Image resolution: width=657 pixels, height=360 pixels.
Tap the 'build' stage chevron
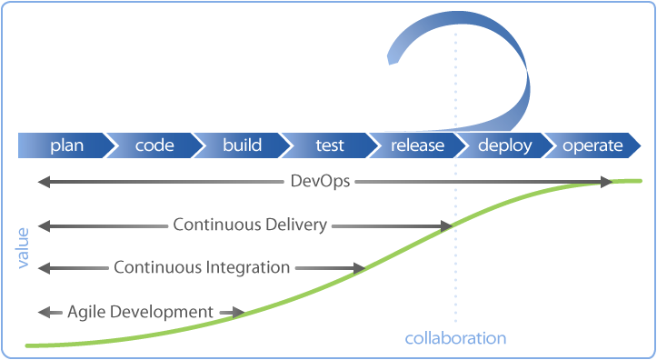(242, 145)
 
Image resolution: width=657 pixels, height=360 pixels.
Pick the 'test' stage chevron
(329, 145)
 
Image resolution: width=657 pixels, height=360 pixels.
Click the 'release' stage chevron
(417, 145)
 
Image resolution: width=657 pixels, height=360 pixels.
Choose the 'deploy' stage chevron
(504, 145)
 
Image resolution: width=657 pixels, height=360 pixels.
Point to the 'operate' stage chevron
(592, 145)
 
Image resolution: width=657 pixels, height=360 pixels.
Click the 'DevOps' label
(319, 183)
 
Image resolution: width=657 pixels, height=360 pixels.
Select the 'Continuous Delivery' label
(250, 225)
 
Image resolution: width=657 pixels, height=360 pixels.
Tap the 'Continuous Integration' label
(202, 267)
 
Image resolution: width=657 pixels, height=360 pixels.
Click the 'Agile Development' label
(140, 312)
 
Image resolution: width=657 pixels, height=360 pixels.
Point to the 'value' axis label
(23, 247)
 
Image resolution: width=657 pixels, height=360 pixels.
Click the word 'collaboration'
(455, 338)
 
